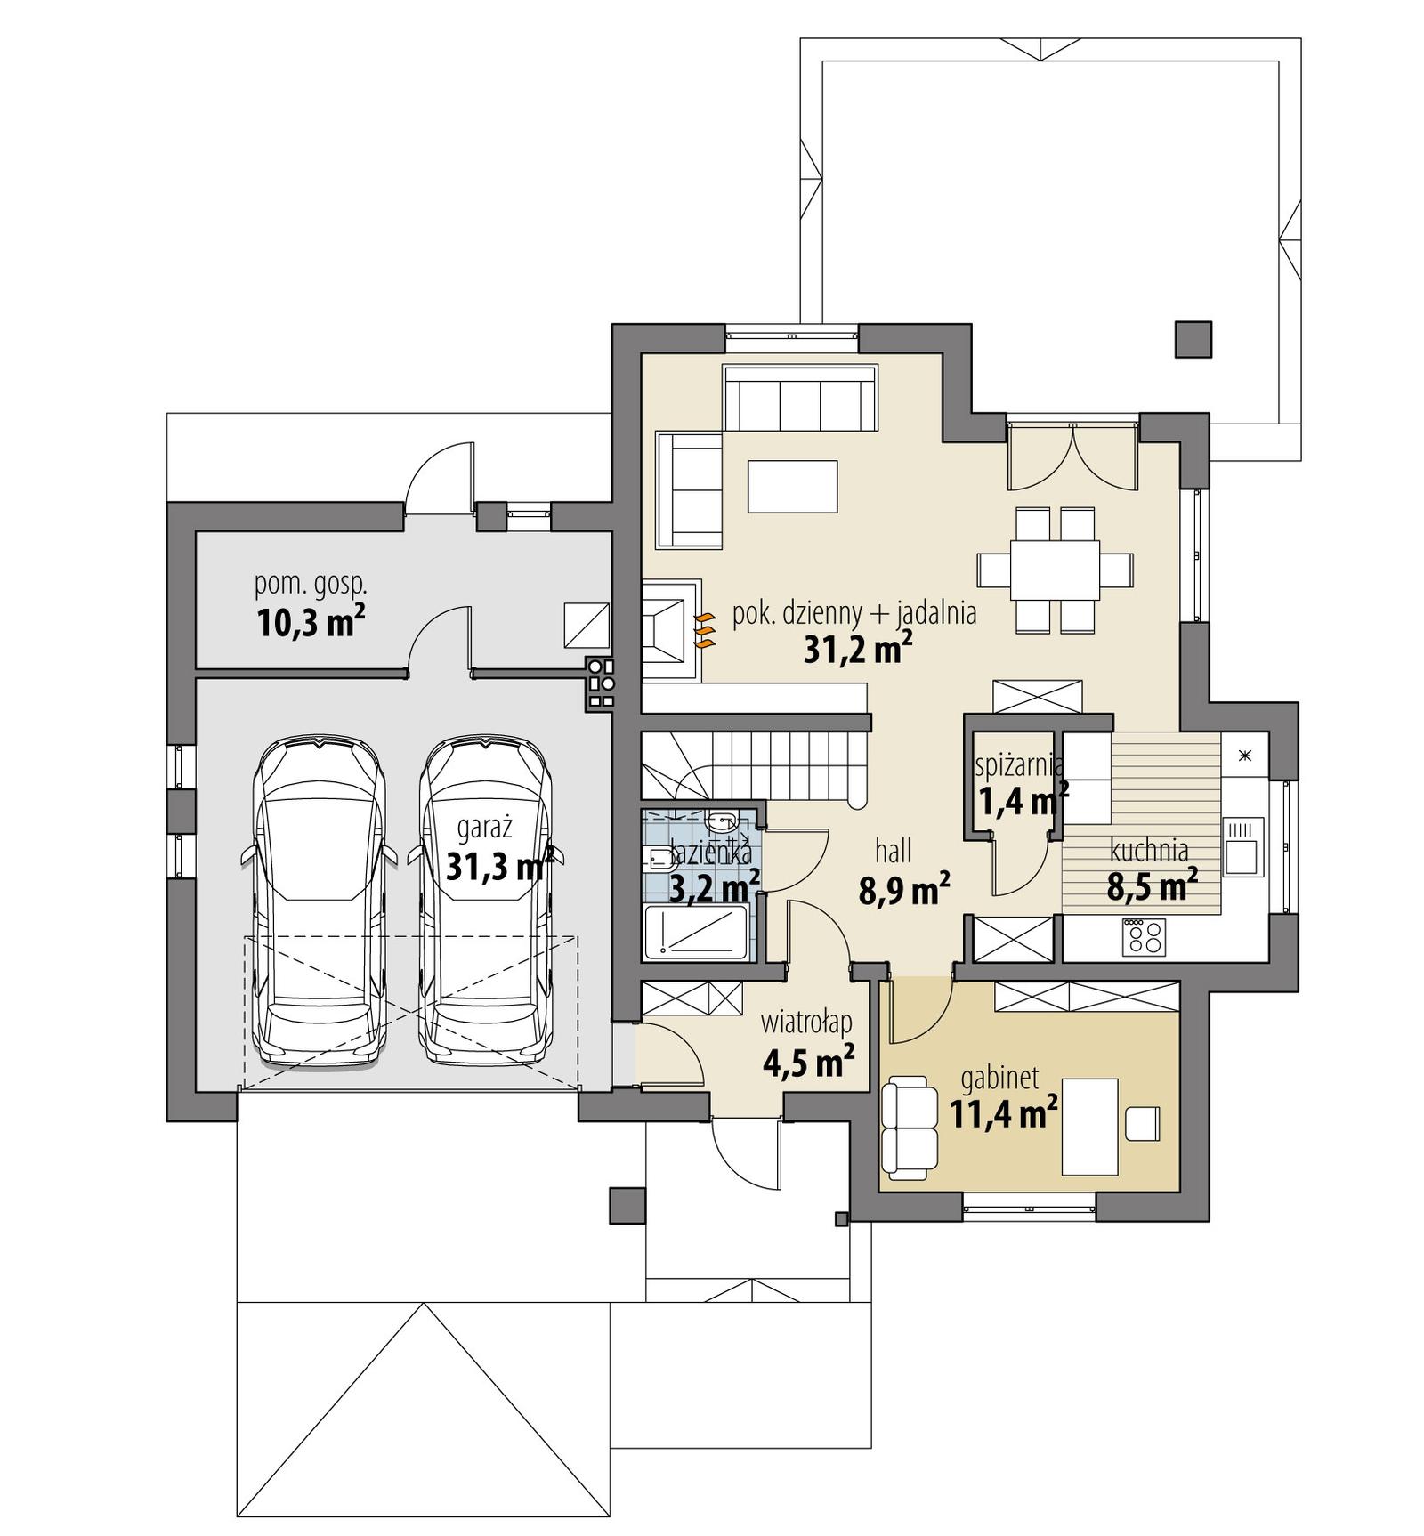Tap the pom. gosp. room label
[x=311, y=585]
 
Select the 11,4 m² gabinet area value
[x=1003, y=1112]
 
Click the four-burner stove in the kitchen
[x=1144, y=935]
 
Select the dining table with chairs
[x=1055, y=570]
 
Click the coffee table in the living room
[x=792, y=486]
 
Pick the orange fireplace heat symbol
[x=704, y=629]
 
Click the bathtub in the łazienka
[x=695, y=933]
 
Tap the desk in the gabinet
[x=1089, y=1126]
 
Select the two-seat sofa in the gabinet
[x=909, y=1127]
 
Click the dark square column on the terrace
[x=1193, y=339]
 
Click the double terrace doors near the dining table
[x=1072, y=457]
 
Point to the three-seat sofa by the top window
[x=799, y=398]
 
